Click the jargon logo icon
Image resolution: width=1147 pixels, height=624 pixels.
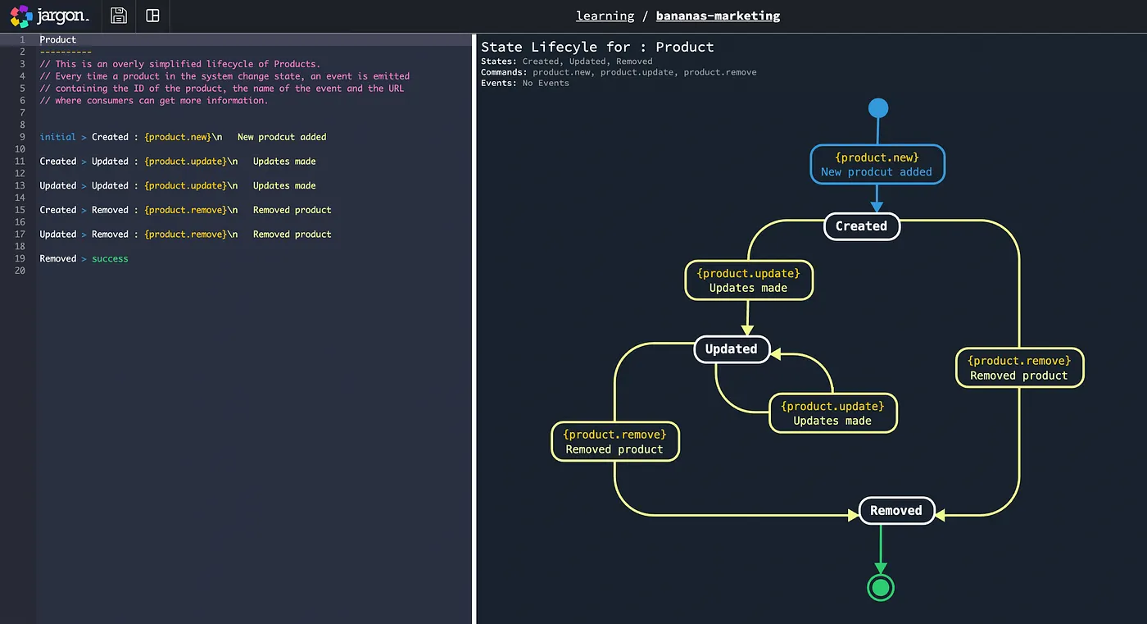pyautogui.click(x=20, y=16)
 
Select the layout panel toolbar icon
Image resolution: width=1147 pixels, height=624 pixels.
pyautogui.click(x=152, y=16)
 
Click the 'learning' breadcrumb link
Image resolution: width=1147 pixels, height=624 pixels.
pyautogui.click(x=605, y=16)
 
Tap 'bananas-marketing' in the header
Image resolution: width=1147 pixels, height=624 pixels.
pyautogui.click(x=718, y=16)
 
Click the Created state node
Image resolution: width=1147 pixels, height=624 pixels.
pyautogui.click(x=861, y=226)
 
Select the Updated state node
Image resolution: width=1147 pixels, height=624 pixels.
pyautogui.click(x=732, y=349)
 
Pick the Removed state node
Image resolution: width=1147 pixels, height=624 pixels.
pyautogui.click(x=895, y=511)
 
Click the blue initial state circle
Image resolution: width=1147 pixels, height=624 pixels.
pyautogui.click(x=877, y=108)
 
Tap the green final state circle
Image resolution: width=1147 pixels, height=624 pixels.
pyautogui.click(x=881, y=587)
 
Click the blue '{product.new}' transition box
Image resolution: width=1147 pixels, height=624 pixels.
pyautogui.click(x=877, y=165)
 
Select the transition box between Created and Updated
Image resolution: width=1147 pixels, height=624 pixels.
pyautogui.click(x=748, y=280)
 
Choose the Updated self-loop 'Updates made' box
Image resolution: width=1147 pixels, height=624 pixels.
pyautogui.click(x=832, y=413)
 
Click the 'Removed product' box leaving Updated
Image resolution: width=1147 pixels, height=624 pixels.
pyautogui.click(x=614, y=442)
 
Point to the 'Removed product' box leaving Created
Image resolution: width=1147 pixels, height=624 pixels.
pyautogui.click(x=1018, y=368)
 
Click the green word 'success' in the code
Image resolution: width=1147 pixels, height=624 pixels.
pyautogui.click(x=110, y=258)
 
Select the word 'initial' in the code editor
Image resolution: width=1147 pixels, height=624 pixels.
pyautogui.click(x=57, y=137)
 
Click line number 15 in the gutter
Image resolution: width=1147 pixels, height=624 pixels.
pyautogui.click(x=20, y=210)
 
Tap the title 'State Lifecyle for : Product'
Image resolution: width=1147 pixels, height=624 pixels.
pyautogui.click(x=597, y=47)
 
